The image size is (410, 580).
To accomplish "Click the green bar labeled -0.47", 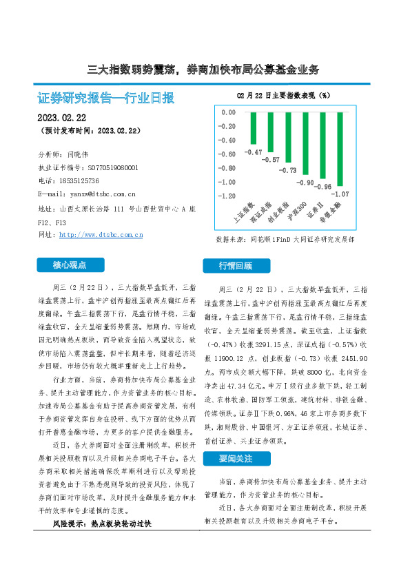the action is [253, 127].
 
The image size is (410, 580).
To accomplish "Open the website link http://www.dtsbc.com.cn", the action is [101, 235].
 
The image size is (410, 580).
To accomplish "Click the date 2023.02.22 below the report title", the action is [61, 116].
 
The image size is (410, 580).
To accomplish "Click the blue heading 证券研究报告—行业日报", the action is [105, 98].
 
